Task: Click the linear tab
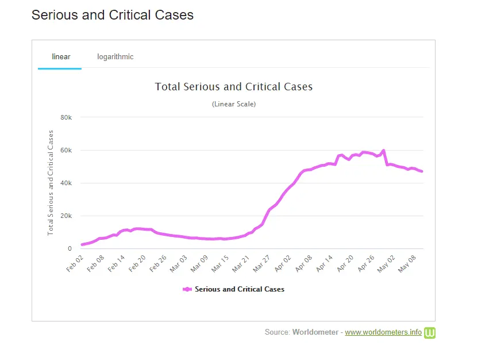(61, 56)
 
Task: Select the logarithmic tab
(115, 56)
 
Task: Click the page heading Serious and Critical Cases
(113, 15)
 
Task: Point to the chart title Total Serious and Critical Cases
(234, 87)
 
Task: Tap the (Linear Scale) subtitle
(234, 104)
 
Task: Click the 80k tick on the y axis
(67, 117)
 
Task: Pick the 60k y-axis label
(67, 150)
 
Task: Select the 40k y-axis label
(67, 183)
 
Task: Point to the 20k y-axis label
(67, 216)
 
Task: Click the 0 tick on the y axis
(70, 249)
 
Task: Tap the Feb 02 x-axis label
(75, 263)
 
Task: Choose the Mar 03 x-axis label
(180, 263)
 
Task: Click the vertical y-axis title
(51, 182)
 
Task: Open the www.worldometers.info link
(383, 332)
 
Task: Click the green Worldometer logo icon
(430, 332)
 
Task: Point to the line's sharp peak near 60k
(383, 151)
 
